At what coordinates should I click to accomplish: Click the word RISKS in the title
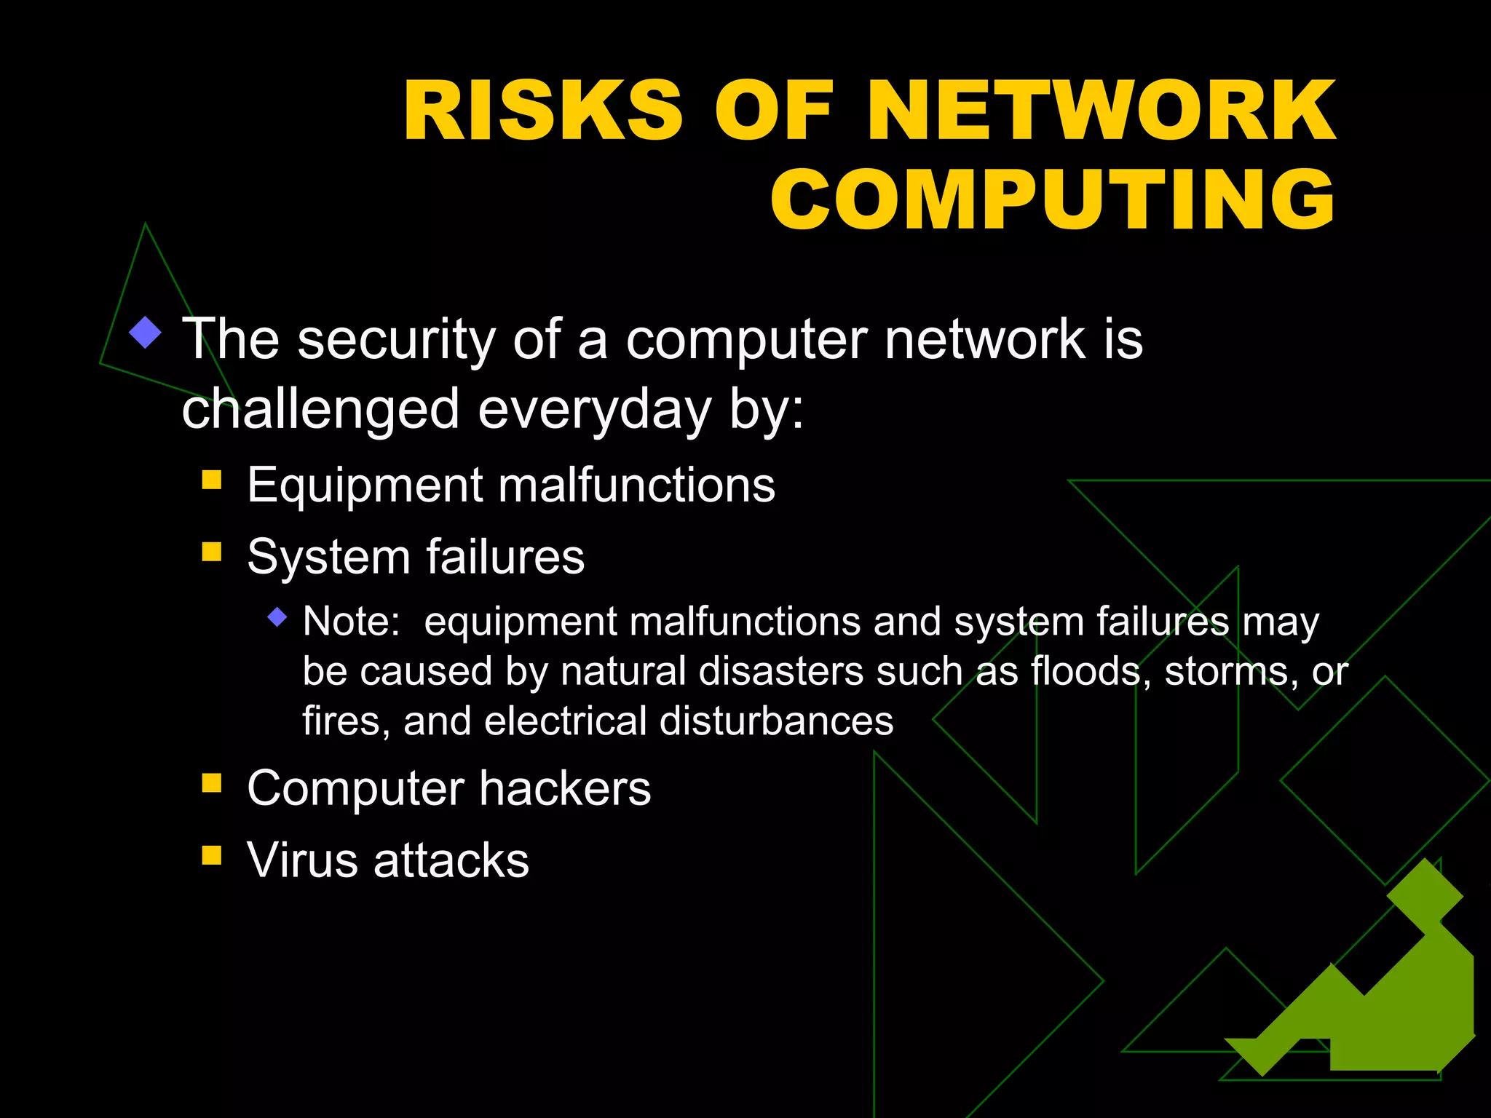pos(542,111)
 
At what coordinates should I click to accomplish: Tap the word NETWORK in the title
pos(1100,111)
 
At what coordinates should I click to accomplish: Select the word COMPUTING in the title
pos(1053,199)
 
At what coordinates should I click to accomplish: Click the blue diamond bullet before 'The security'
pos(146,333)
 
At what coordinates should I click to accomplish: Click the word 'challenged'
pos(320,409)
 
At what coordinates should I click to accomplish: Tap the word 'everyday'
pos(594,409)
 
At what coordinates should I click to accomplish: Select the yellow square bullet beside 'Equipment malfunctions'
pos(212,480)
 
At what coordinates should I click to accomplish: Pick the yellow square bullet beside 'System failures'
pos(212,551)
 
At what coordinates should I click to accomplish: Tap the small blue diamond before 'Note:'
pos(277,618)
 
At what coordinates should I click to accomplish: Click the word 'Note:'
pos(351,622)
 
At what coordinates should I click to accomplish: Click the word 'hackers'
pos(565,788)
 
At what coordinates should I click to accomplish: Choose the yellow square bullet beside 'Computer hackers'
pos(212,782)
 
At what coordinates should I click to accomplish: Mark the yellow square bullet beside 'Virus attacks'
pos(212,855)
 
